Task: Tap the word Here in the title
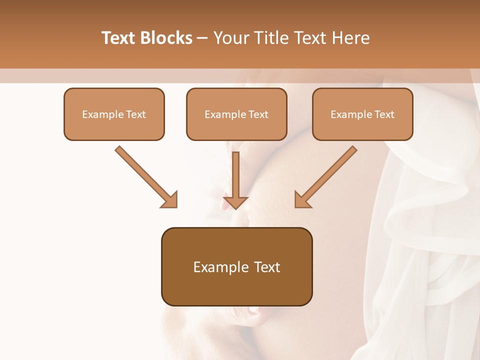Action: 350,38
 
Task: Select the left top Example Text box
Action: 114,114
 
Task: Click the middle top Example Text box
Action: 236,114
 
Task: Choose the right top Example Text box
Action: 362,114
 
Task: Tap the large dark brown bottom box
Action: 236,266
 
